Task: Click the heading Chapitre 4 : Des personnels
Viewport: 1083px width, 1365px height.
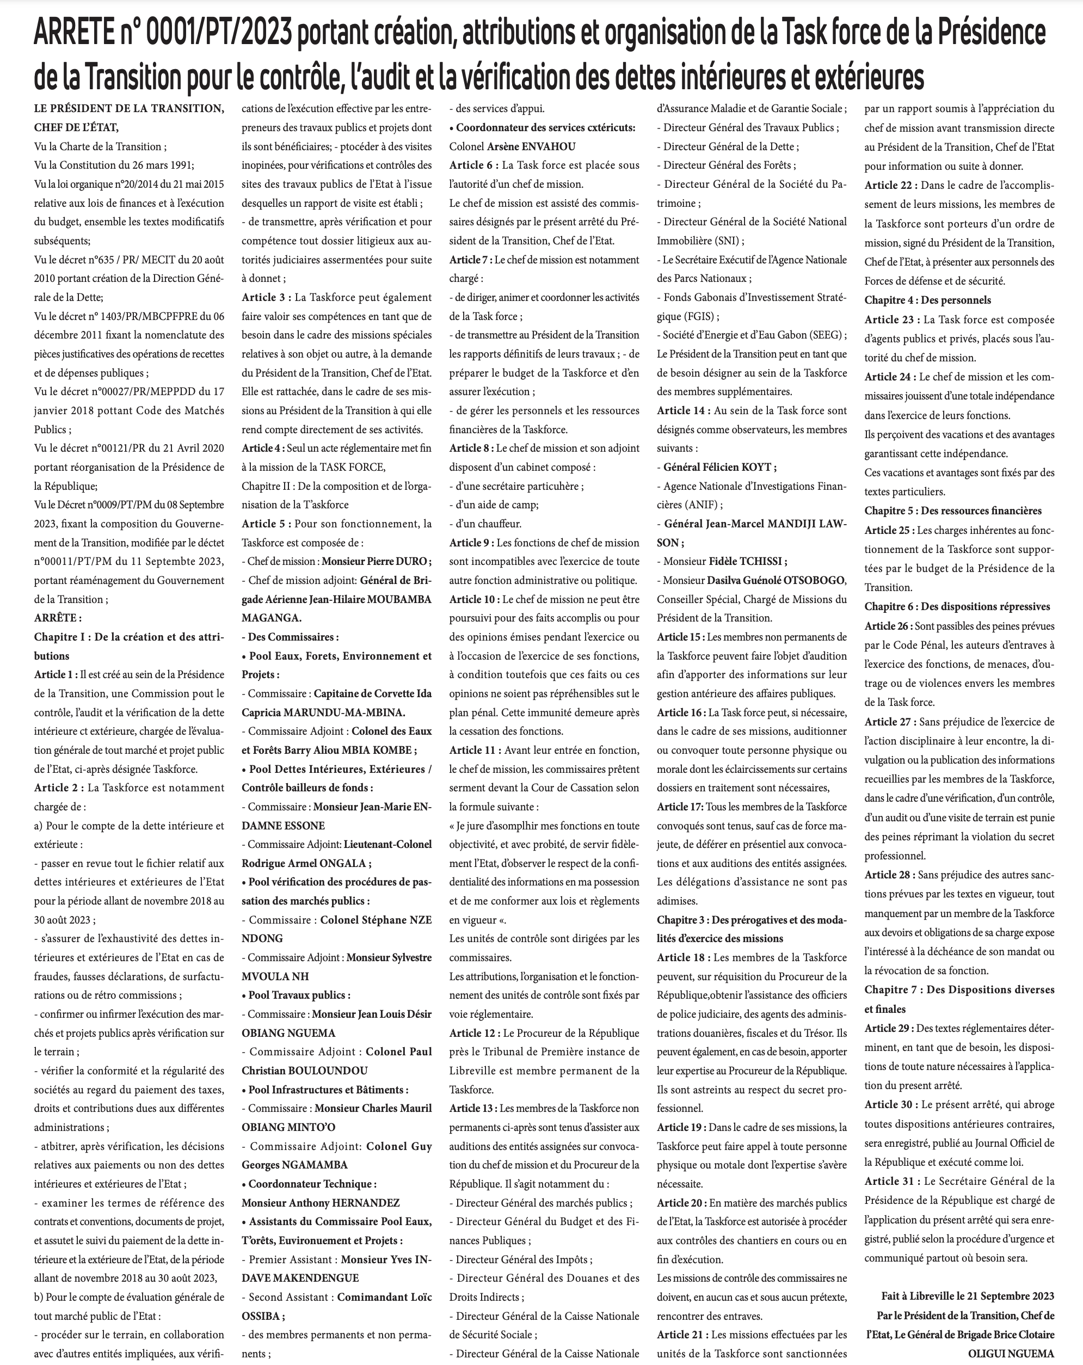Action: (927, 300)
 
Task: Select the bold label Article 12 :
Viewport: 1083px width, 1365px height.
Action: (474, 1033)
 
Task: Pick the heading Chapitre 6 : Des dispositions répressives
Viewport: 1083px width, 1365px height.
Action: (957, 606)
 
